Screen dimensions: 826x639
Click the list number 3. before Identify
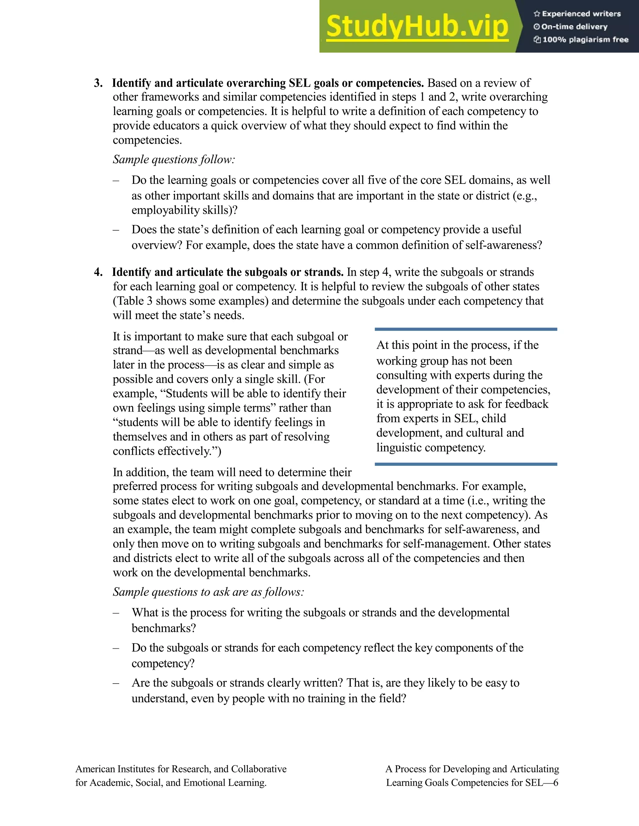98,83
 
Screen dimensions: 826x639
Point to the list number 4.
98,272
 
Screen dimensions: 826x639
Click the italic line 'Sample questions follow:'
174,160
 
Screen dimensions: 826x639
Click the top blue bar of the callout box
466,329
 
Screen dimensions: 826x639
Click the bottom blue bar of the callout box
466,464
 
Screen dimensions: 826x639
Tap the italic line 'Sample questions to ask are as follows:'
208,592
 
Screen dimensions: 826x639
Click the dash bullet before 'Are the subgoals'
116,683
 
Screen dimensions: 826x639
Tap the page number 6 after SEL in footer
555,782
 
